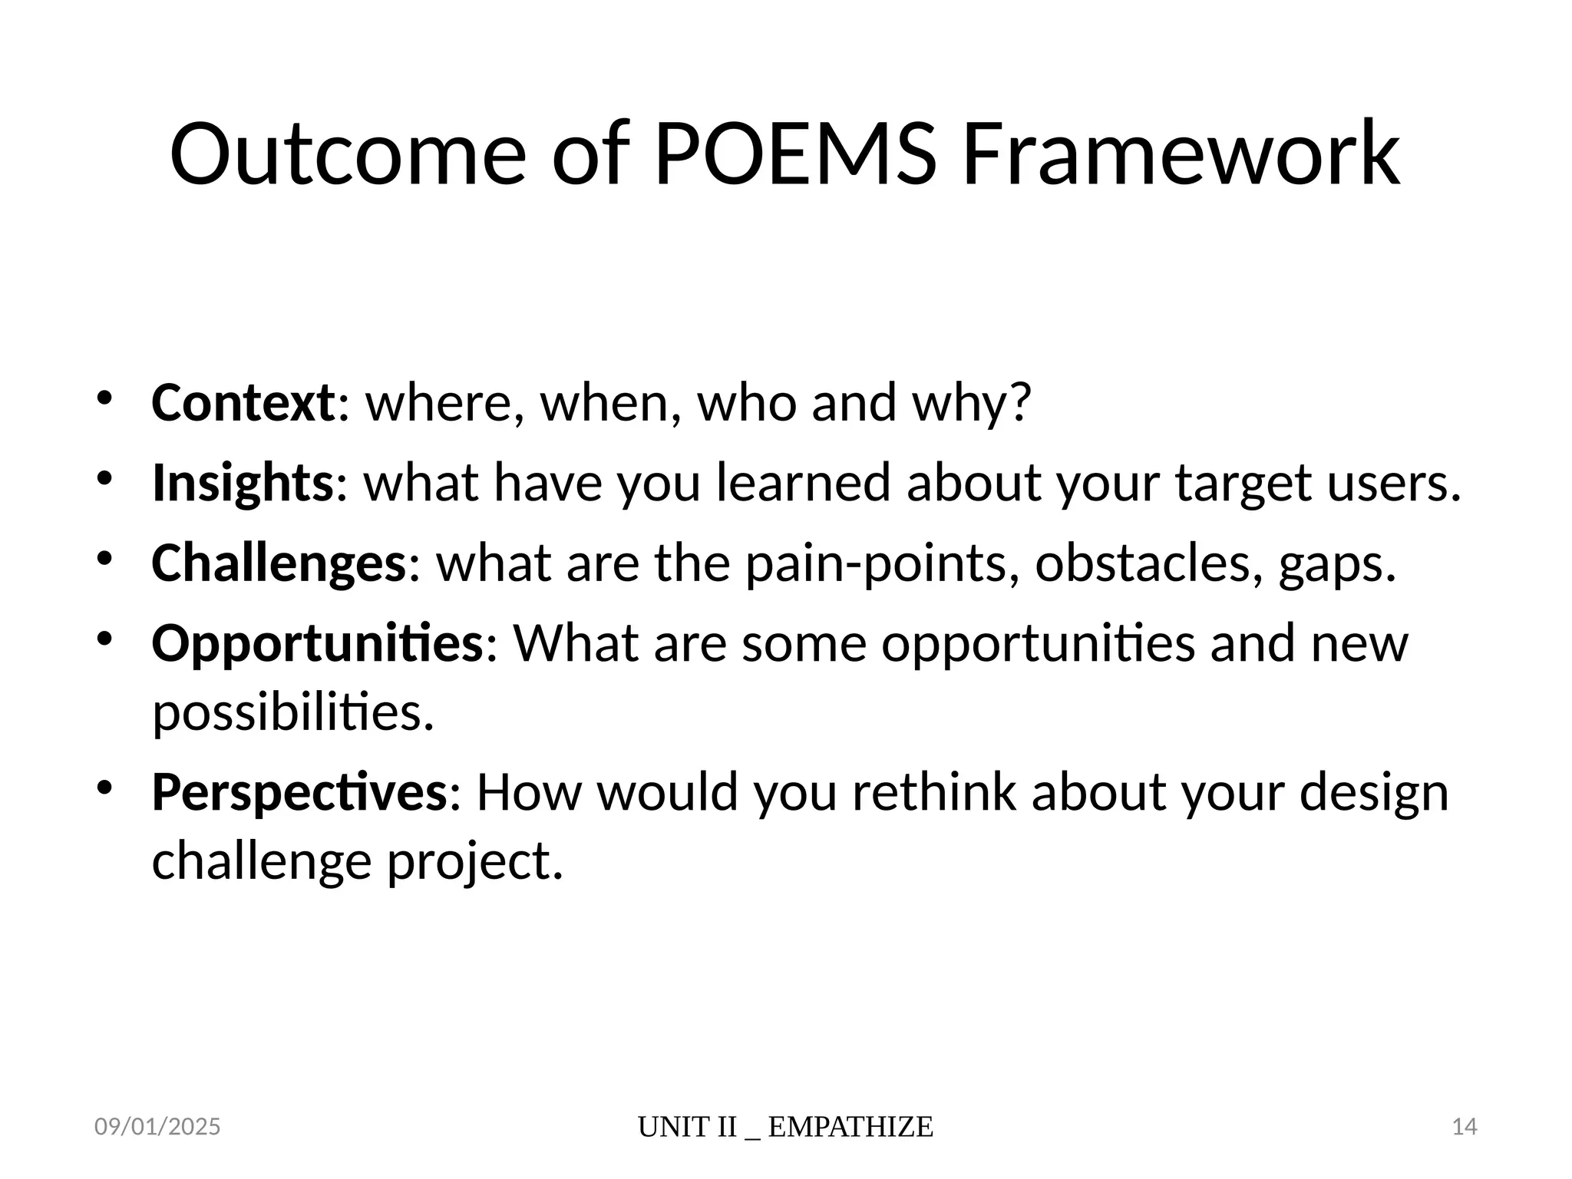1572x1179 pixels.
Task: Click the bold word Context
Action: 243,402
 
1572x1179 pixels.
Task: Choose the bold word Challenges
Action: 279,563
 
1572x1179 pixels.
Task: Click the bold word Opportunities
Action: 317,642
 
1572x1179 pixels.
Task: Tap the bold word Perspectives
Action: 299,791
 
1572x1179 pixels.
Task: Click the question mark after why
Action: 1019,402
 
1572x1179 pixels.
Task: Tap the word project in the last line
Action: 474,861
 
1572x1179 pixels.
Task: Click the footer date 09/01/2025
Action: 157,1127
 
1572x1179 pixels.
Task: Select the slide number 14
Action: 1465,1127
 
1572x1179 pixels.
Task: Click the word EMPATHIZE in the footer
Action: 850,1127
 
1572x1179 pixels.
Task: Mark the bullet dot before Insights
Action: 105,478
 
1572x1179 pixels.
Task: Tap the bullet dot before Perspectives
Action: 105,787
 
